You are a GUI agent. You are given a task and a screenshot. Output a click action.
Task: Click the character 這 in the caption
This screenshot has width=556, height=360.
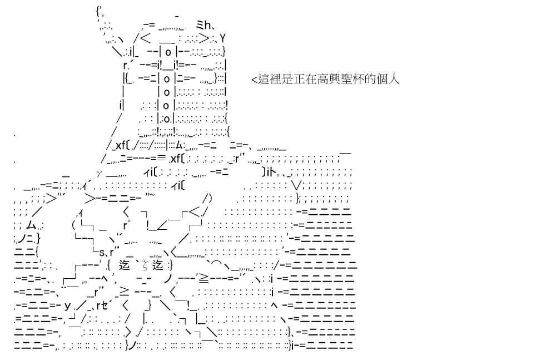coord(265,78)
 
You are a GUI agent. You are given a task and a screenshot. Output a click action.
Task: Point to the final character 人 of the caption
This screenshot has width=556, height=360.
coord(393,78)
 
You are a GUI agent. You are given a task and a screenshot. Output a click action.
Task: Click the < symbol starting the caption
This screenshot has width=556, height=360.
coord(254,79)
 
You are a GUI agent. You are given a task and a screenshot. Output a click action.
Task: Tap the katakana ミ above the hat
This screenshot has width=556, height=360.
coord(200,25)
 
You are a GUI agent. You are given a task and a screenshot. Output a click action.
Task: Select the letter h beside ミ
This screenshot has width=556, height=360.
coord(208,25)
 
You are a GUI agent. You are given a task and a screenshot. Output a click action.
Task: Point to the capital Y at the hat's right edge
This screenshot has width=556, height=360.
coord(222,38)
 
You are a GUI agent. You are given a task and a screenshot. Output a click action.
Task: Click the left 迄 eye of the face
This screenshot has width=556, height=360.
coord(125,264)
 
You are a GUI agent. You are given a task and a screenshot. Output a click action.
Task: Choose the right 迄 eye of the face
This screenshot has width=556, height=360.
coord(158,264)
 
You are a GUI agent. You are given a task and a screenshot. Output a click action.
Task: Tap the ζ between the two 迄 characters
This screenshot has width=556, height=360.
coord(145,265)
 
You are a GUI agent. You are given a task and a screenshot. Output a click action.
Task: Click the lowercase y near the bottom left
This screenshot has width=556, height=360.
coord(68,305)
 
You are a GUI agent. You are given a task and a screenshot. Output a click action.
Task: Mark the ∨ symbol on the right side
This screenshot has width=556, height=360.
coord(297,185)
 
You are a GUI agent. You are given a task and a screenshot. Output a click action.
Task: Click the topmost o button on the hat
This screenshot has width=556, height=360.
coord(168,52)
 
